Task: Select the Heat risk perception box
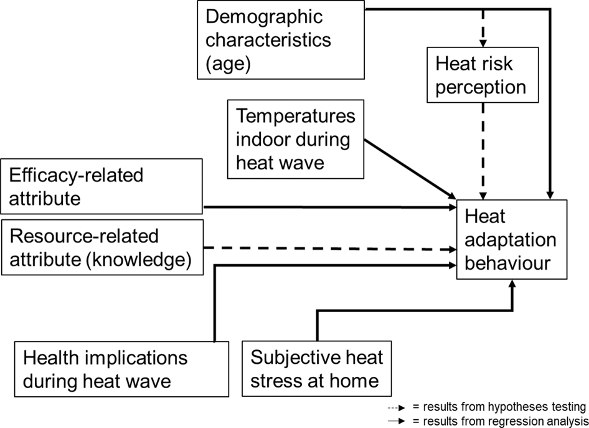pos(480,75)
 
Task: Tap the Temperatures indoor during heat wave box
pos(296,138)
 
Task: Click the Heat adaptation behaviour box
pos(512,240)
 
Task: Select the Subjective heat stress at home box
pos(317,369)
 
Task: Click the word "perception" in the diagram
pos(481,86)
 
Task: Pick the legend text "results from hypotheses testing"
pos(504,407)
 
